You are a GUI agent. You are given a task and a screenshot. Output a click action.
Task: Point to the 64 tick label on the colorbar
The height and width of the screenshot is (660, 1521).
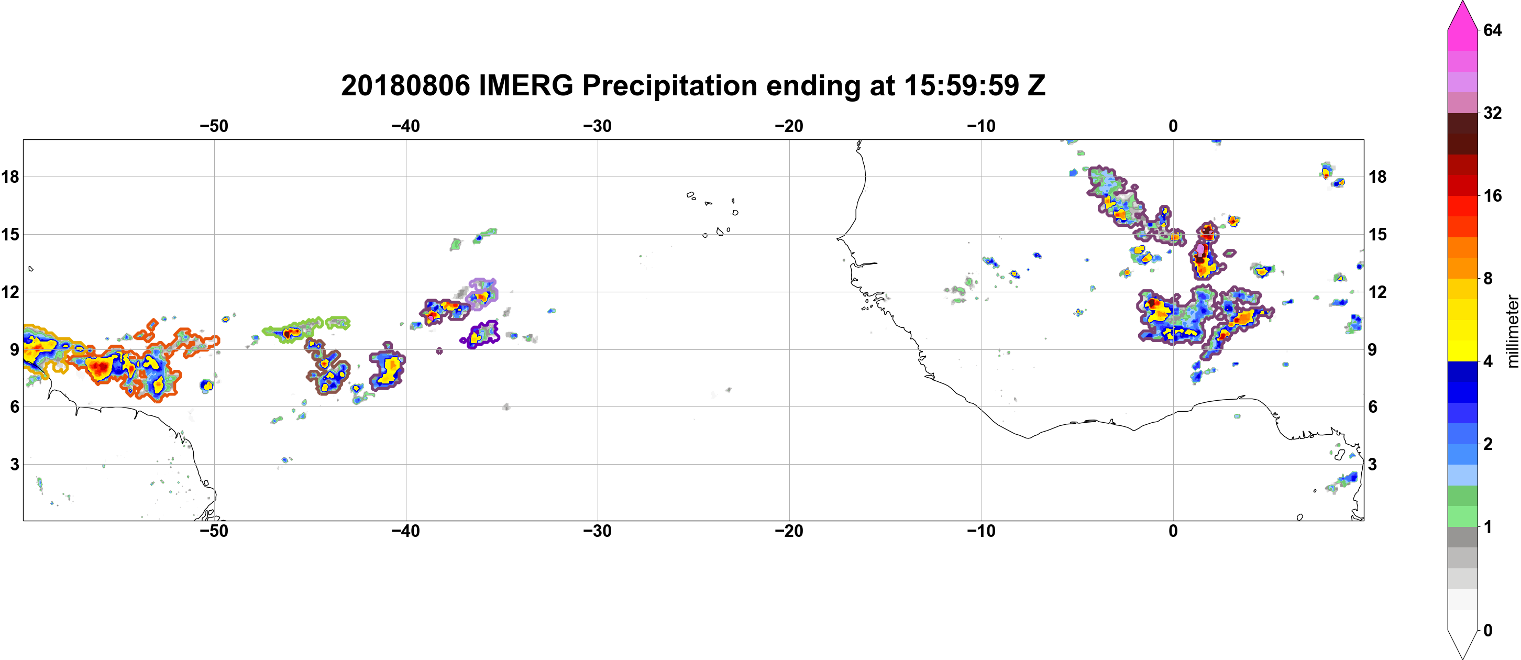click(1492, 30)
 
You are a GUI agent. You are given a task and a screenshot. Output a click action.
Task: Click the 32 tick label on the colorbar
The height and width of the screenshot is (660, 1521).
click(1492, 113)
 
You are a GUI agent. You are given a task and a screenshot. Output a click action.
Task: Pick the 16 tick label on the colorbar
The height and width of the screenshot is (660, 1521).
click(1492, 195)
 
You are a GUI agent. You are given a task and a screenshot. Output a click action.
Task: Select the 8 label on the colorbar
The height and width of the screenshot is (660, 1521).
click(1488, 278)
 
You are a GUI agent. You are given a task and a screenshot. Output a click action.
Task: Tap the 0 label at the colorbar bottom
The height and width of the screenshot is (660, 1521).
click(1488, 630)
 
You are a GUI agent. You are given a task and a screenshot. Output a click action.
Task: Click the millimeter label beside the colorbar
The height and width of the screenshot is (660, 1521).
click(1512, 331)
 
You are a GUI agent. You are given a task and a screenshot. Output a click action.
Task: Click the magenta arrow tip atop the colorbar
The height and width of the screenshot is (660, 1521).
click(1462, 2)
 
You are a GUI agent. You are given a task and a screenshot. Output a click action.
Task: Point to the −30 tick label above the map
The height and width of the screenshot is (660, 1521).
click(598, 126)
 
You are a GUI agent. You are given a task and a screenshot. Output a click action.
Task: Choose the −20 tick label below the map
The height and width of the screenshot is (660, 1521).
click(789, 531)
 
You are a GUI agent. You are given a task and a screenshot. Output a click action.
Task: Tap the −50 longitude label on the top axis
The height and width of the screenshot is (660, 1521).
click(214, 126)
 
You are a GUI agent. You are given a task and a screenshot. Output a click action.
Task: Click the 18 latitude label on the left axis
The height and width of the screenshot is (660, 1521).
click(10, 177)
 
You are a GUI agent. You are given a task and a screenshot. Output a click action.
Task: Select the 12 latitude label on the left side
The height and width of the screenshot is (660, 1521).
click(10, 292)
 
